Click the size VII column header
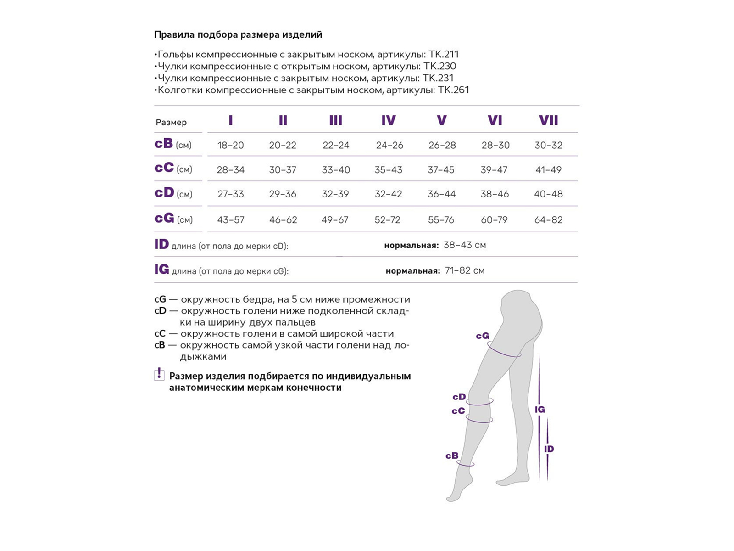point(548,120)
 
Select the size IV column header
point(389,120)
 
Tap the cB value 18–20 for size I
point(231,145)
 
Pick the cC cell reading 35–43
point(388,169)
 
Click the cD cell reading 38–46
point(495,194)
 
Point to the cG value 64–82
point(548,220)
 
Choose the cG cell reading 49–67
point(335,220)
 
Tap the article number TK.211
point(444,54)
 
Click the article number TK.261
point(454,90)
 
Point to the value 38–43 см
point(465,245)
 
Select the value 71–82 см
point(465,270)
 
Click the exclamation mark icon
point(159,374)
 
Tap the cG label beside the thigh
point(483,336)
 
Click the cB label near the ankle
point(452,455)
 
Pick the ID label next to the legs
point(549,449)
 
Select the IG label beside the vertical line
point(540,410)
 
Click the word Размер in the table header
point(171,123)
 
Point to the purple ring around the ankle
point(466,465)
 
